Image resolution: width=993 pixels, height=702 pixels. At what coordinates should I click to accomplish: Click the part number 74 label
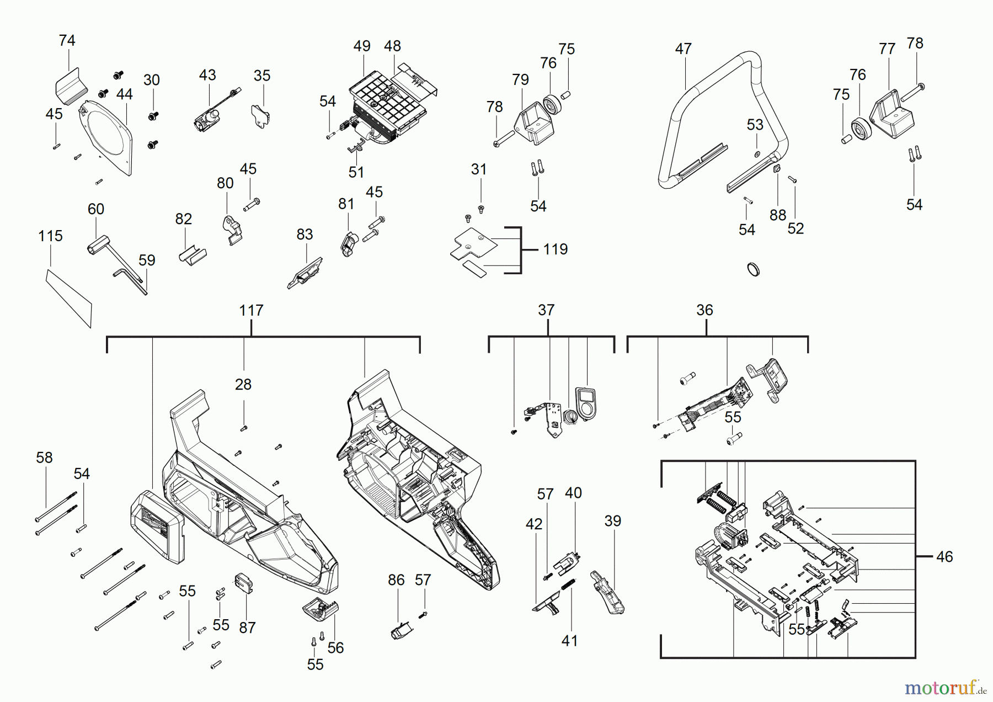point(67,40)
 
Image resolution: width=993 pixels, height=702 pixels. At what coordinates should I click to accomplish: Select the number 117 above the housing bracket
point(251,310)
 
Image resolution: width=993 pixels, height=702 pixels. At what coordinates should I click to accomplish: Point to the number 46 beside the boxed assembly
point(944,556)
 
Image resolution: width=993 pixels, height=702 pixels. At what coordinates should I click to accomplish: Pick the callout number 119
point(555,249)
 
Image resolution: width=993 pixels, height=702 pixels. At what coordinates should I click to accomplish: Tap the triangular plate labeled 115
point(69,298)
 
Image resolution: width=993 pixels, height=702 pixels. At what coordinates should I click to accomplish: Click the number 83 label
point(305,235)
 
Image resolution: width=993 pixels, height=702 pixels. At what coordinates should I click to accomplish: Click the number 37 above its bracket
point(546,310)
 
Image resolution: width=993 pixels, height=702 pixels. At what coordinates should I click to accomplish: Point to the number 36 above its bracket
point(704,310)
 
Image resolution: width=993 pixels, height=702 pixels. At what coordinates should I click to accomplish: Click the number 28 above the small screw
point(243,384)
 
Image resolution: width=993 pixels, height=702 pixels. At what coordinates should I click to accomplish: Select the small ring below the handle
point(753,269)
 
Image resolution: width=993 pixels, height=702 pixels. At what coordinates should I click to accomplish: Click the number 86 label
point(396,579)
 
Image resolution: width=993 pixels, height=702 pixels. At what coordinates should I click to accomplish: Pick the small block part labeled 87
point(244,582)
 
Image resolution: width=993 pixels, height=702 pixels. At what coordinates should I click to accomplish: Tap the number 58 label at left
point(44,458)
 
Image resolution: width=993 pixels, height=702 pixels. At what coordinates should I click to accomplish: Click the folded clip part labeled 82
point(192,256)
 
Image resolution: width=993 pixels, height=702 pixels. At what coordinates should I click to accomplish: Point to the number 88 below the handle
point(778,215)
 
